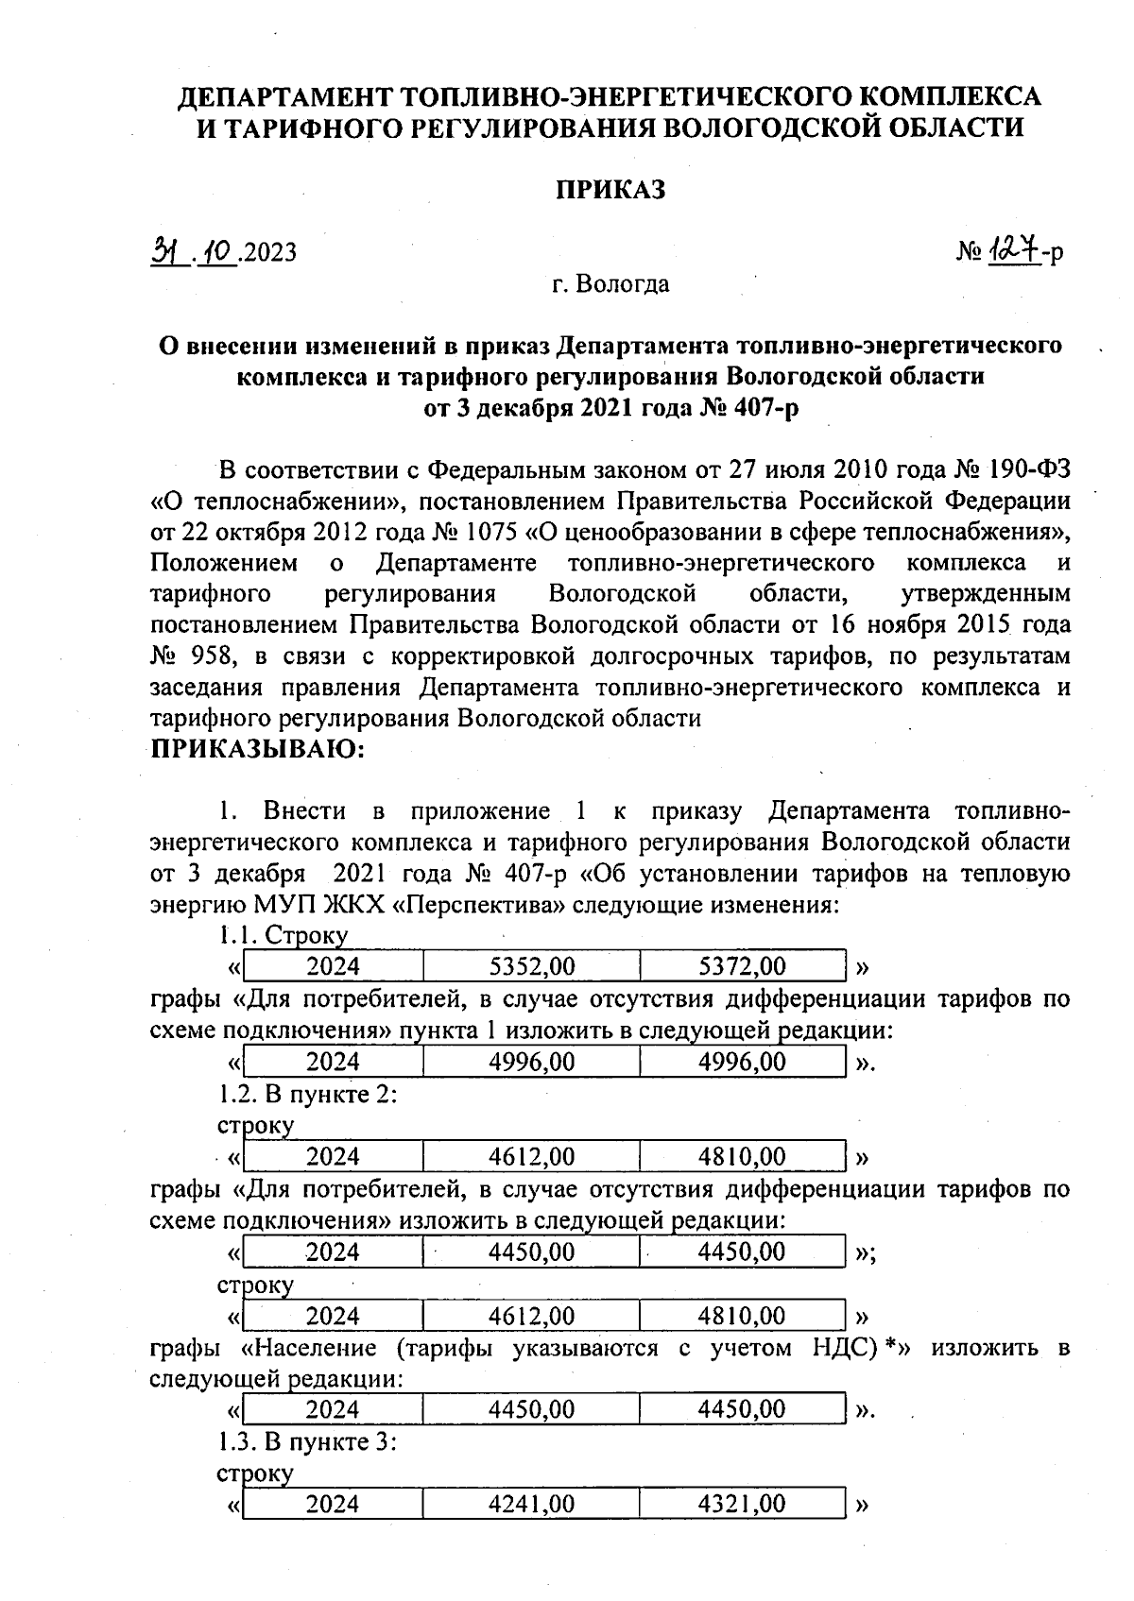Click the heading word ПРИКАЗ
coord(610,189)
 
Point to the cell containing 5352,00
coord(531,966)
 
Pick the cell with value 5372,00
coord(742,966)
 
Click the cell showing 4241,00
coord(531,1504)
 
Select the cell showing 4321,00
coord(742,1504)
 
